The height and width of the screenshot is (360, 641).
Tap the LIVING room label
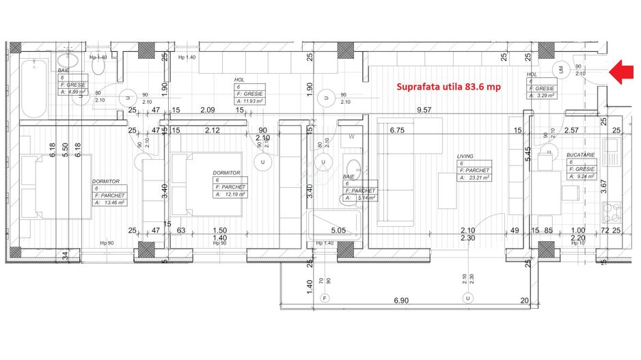tap(465, 156)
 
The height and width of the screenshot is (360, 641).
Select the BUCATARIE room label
tap(580, 155)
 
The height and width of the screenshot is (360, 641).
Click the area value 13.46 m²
tap(115, 202)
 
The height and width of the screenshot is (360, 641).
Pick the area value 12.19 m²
tap(234, 194)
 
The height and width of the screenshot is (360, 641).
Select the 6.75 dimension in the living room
tap(398, 130)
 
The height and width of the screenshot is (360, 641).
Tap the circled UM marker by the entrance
tap(562, 69)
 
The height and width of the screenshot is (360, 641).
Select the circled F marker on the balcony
tap(325, 298)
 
